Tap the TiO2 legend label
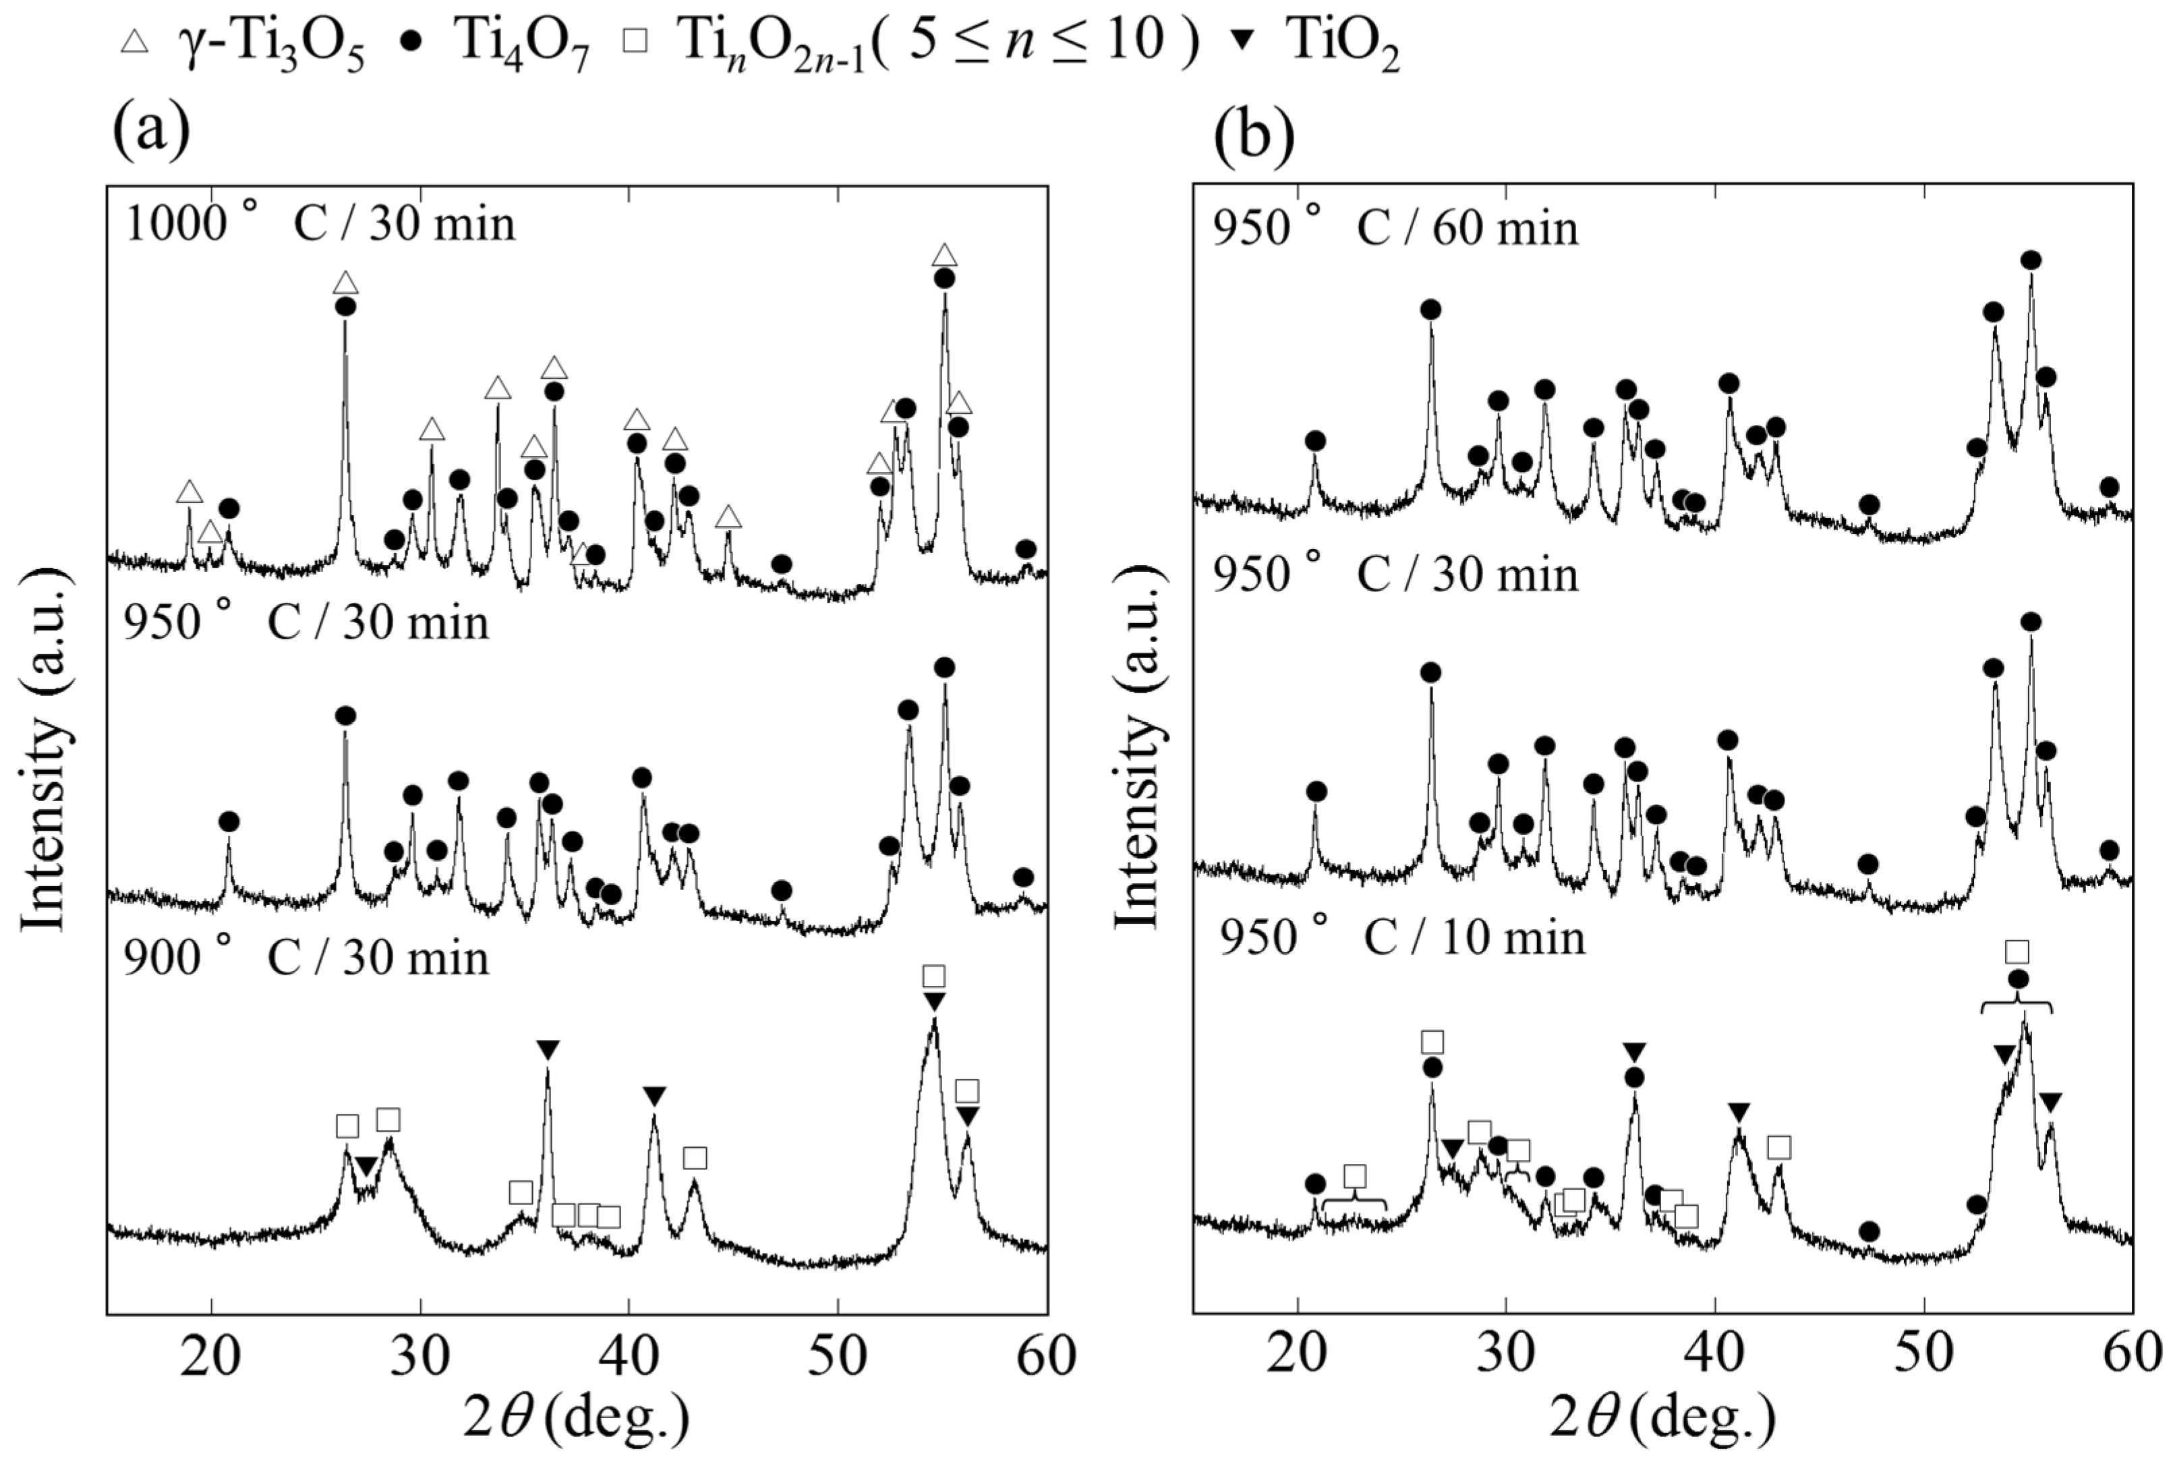(1343, 43)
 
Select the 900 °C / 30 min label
(306, 959)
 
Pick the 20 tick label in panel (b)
(1296, 1357)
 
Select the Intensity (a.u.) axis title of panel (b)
(1137, 747)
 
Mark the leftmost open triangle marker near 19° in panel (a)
(190, 492)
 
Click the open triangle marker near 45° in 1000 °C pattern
(728, 517)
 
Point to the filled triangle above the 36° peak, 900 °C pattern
(548, 1049)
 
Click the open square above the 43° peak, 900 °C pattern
(695, 1159)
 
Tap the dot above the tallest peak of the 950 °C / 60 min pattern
(2030, 260)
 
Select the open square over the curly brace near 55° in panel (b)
(2017, 952)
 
